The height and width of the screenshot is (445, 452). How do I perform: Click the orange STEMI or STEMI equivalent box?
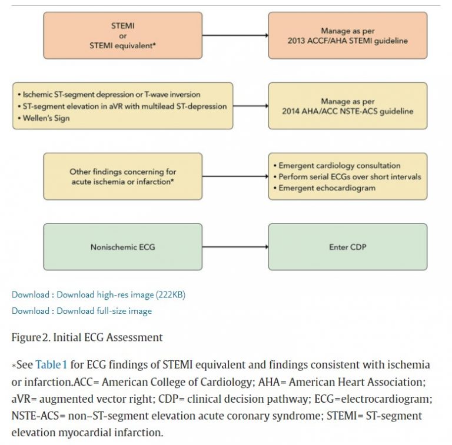(x=122, y=35)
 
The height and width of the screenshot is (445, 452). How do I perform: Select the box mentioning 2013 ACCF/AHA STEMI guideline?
(x=348, y=35)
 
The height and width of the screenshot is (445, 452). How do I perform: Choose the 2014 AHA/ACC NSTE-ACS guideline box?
(x=348, y=106)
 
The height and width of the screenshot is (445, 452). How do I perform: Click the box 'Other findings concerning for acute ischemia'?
(x=122, y=176)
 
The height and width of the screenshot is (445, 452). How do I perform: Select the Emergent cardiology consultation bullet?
(x=340, y=166)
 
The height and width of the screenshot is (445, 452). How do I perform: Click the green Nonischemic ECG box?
(x=122, y=247)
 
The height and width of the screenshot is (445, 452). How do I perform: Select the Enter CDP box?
(x=348, y=247)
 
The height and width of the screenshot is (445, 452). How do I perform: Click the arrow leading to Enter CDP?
(x=235, y=247)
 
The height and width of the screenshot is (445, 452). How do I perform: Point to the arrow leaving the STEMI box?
(x=235, y=35)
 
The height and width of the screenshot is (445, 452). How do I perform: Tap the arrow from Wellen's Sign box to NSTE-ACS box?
(x=250, y=106)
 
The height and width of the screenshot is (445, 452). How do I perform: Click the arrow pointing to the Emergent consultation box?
(x=235, y=176)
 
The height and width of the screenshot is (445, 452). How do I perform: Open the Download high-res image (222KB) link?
(x=121, y=295)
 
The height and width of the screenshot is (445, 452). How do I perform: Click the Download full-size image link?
(x=104, y=311)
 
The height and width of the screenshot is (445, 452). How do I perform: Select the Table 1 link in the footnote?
(x=52, y=365)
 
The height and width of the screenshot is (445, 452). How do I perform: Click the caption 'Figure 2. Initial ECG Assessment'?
(x=87, y=337)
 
